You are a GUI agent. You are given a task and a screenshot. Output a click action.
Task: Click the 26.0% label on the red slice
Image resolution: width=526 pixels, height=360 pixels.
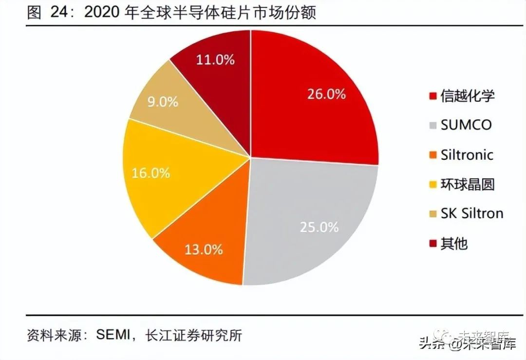click(x=326, y=94)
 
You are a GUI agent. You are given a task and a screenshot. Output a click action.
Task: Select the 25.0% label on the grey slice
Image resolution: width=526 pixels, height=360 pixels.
click(x=319, y=227)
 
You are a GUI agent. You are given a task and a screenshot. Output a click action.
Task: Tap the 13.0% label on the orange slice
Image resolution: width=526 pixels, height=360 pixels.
click(x=203, y=250)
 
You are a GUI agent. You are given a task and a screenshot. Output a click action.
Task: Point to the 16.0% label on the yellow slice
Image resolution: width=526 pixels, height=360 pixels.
click(x=150, y=172)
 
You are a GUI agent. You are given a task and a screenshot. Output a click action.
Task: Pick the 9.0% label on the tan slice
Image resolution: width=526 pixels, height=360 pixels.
click(x=162, y=102)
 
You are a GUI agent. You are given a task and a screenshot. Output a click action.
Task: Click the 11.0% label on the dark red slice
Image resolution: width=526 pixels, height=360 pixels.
click(x=215, y=60)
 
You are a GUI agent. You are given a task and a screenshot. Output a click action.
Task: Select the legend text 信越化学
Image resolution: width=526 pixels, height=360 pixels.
click(x=467, y=95)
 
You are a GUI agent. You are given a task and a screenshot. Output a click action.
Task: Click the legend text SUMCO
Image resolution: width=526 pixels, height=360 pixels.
click(x=466, y=125)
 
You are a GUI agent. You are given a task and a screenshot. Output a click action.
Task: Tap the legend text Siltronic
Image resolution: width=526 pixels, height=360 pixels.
click(x=467, y=155)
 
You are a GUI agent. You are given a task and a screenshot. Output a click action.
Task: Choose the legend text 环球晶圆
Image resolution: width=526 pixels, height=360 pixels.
click(x=467, y=185)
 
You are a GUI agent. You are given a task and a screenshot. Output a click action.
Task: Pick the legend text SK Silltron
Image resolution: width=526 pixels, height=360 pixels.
click(x=471, y=213)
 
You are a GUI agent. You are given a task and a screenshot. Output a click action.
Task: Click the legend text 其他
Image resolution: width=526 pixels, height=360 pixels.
click(x=454, y=243)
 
